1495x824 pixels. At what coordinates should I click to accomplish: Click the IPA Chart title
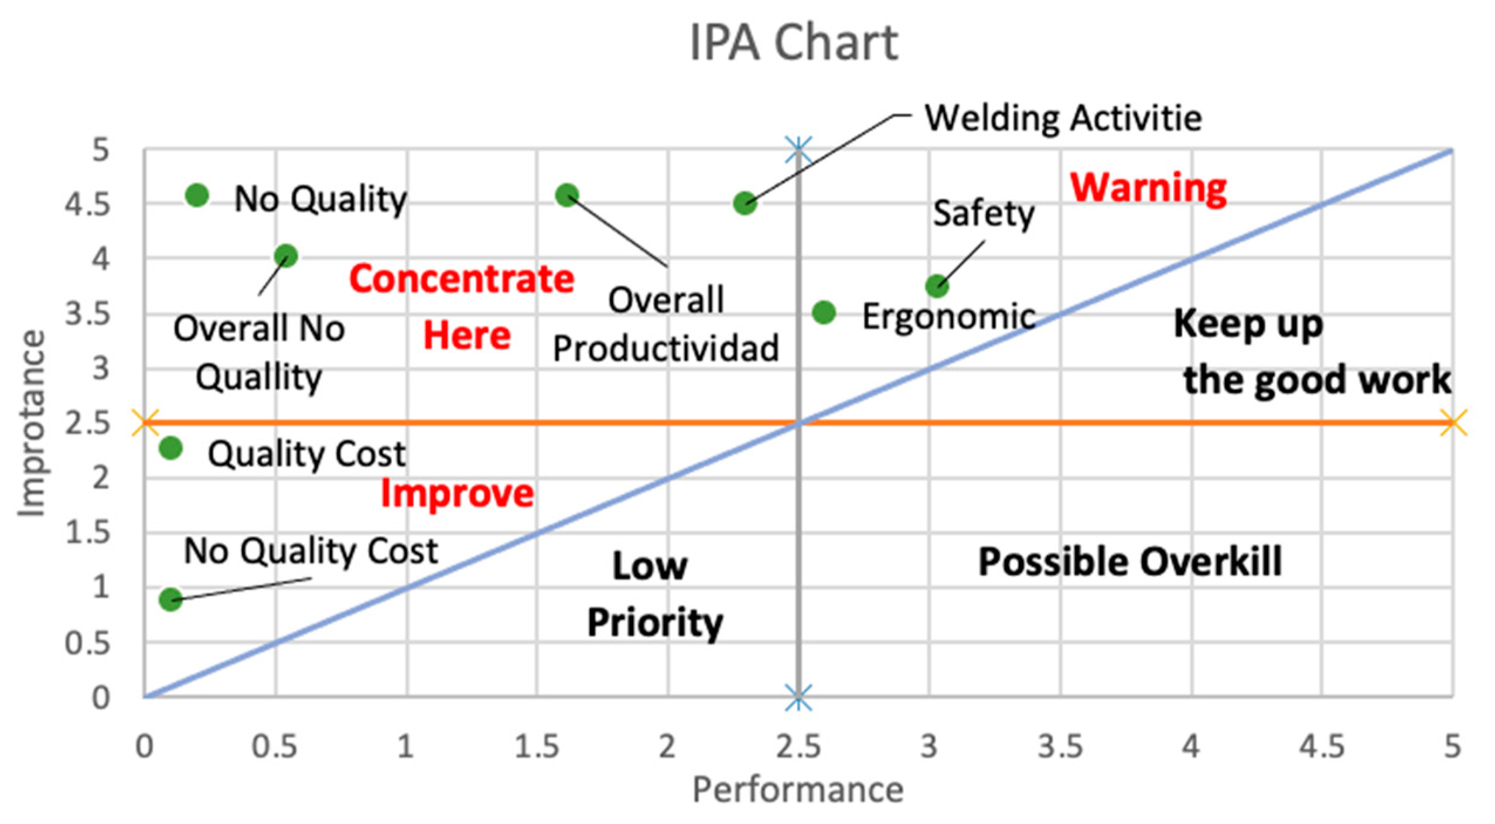(x=793, y=42)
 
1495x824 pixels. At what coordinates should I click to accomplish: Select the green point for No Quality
(x=197, y=195)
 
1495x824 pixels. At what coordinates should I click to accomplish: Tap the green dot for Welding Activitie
(x=744, y=203)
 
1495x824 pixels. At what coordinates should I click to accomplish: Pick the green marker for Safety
(x=937, y=286)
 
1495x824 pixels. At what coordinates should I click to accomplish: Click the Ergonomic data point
(x=824, y=312)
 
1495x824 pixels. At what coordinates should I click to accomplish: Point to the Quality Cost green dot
(x=170, y=449)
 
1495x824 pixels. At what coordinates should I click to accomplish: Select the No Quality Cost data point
(x=170, y=599)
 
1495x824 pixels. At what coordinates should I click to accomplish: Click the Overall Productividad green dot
(x=566, y=195)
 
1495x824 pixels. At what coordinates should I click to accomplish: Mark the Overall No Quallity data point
(x=286, y=256)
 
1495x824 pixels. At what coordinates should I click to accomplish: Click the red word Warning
(x=1148, y=188)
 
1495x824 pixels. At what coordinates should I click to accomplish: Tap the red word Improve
(x=457, y=493)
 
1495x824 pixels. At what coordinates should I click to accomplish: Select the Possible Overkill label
(x=1129, y=561)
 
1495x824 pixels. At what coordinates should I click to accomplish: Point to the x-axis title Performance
(x=797, y=789)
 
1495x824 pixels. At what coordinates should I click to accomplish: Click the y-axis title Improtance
(x=32, y=423)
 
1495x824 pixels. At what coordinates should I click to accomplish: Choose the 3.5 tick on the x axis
(x=1060, y=746)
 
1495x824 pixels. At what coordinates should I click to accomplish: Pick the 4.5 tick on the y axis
(x=87, y=204)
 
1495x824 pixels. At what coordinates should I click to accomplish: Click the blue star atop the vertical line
(x=798, y=149)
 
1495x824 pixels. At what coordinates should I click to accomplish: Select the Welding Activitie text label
(x=1063, y=118)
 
